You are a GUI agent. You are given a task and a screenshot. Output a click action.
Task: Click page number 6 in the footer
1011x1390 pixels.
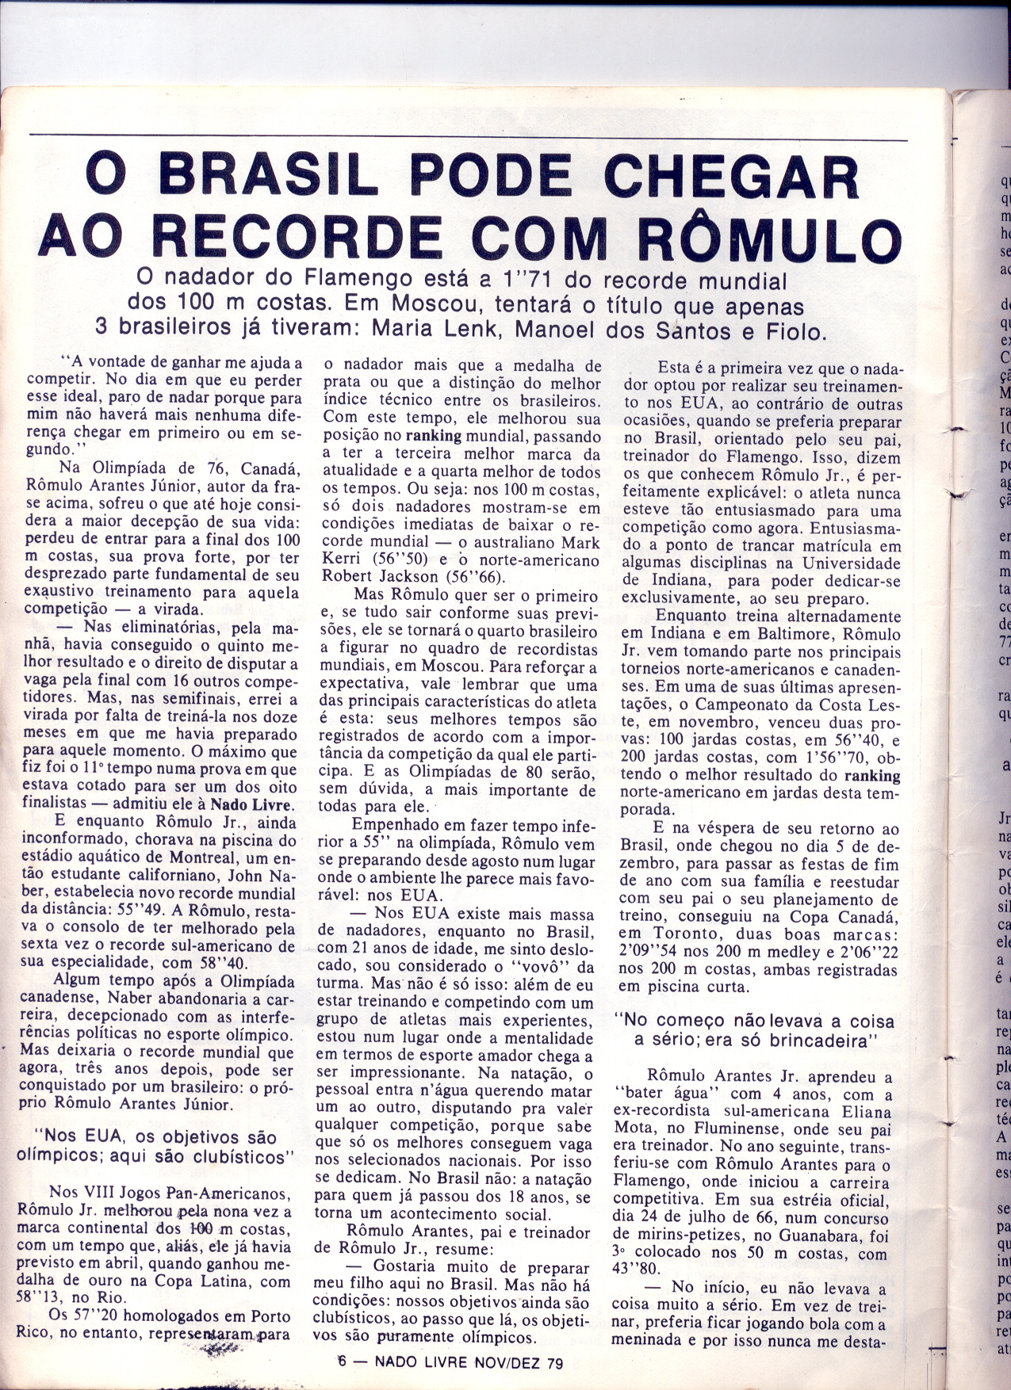pos(342,1362)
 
